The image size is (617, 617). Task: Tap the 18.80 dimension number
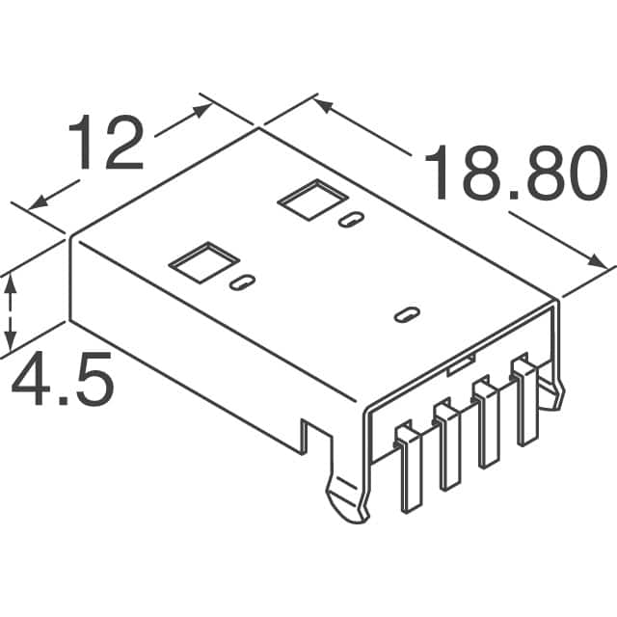[508, 174]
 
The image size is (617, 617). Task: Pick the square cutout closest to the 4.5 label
[202, 261]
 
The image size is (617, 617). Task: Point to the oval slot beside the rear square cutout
[350, 219]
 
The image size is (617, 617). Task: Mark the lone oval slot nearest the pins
[408, 315]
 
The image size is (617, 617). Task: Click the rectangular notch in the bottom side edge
[312, 434]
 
